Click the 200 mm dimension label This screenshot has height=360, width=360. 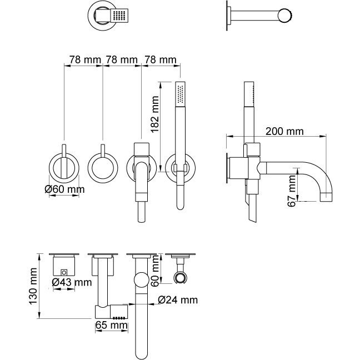coord(284,132)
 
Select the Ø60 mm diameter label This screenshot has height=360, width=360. coord(64,190)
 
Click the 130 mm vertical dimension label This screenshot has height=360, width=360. coord(33,286)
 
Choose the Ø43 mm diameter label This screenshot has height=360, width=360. coord(71,283)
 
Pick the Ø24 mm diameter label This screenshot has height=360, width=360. coord(177,300)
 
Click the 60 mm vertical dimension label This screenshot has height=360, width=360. coord(156,270)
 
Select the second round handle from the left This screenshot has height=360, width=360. coord(103,167)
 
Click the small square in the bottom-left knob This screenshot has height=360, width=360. coord(64,273)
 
